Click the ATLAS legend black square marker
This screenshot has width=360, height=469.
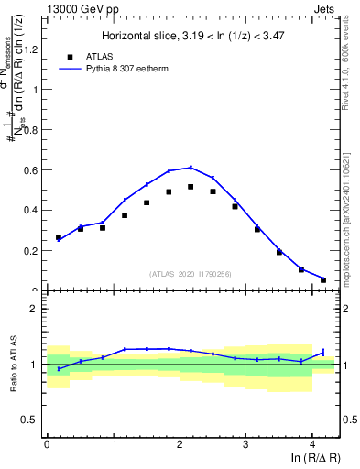(70, 56)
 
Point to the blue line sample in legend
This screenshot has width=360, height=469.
(70, 68)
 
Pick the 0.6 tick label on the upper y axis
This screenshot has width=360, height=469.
(34, 170)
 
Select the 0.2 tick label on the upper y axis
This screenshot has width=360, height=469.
(34, 250)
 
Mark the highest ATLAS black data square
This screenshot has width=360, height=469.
(191, 187)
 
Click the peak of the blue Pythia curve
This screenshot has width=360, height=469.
(191, 168)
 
